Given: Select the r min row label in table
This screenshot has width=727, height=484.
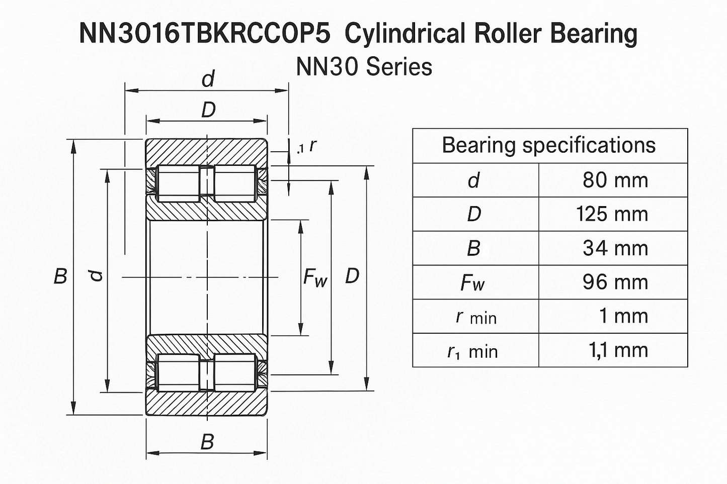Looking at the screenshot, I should [475, 317].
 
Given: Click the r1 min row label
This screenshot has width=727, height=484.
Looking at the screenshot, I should [472, 351].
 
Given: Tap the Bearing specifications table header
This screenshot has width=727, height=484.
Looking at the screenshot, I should [549, 146].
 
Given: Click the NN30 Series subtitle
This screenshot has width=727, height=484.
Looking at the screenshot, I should [364, 67].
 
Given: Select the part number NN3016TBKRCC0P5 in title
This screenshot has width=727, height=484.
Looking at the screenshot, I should [205, 34].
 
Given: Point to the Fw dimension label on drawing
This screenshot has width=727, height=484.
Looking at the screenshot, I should [315, 277].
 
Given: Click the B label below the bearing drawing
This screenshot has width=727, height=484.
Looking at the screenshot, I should [207, 443].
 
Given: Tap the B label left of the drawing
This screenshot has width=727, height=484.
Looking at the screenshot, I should [60, 276].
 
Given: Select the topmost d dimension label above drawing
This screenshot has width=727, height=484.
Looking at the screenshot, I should [207, 79].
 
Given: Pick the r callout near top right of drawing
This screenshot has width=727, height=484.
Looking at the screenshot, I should [312, 145].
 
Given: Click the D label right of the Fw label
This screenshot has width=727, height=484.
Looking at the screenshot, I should [352, 276].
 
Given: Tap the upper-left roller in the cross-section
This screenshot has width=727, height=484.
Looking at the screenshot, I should [179, 183].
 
